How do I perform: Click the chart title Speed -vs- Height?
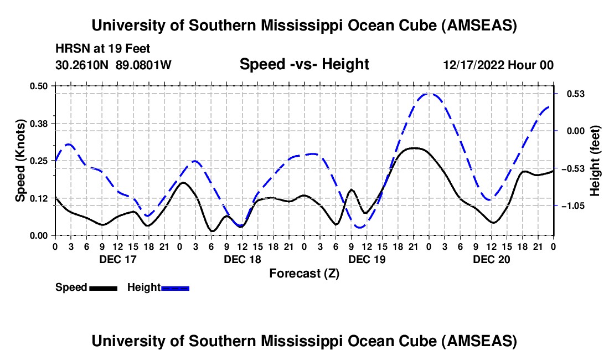tap(304, 65)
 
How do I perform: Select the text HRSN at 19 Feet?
tap(103, 49)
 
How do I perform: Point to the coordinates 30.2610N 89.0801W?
tap(113, 65)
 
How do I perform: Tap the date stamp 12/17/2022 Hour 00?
tap(498, 65)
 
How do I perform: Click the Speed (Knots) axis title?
tap(20, 161)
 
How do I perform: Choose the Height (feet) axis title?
tap(595, 161)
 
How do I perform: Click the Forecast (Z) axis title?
tap(304, 273)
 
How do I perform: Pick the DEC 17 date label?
tap(117, 259)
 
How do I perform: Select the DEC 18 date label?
tap(242, 259)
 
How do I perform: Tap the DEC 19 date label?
tap(367, 259)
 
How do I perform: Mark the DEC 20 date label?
tap(491, 259)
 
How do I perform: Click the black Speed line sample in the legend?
tap(103, 288)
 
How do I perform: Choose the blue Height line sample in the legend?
tap(175, 288)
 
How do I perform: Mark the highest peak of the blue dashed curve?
tap(429, 94)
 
